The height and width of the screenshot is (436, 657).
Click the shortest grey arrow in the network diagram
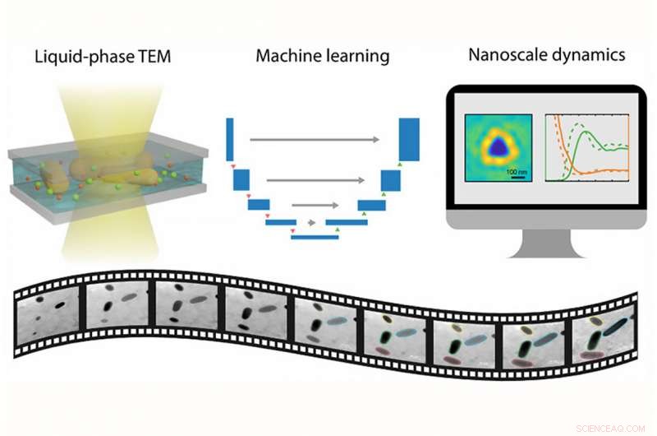click(x=312, y=222)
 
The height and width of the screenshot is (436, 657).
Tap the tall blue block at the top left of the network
click(x=230, y=139)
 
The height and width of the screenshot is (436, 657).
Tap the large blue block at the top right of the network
click(x=408, y=140)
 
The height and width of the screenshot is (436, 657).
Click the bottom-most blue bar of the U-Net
click(x=315, y=237)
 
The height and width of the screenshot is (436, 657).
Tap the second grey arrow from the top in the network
click(x=315, y=178)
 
